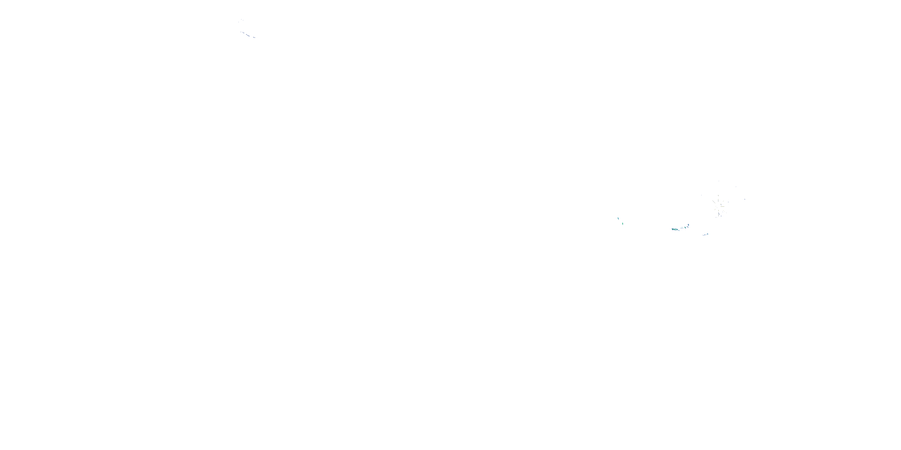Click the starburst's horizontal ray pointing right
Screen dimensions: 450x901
click(x=723, y=206)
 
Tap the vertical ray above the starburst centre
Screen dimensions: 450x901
click(x=718, y=200)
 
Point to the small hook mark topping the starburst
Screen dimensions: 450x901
click(x=718, y=196)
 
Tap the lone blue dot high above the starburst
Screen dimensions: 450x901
click(x=719, y=181)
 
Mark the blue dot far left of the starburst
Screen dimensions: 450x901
click(x=701, y=195)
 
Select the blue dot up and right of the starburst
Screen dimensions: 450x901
click(x=736, y=187)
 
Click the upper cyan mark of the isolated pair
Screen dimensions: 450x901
click(x=618, y=219)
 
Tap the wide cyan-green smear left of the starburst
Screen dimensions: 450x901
click(x=675, y=229)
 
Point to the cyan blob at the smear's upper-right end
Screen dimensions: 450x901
click(x=688, y=225)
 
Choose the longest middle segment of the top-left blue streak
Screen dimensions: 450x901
click(x=248, y=35)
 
